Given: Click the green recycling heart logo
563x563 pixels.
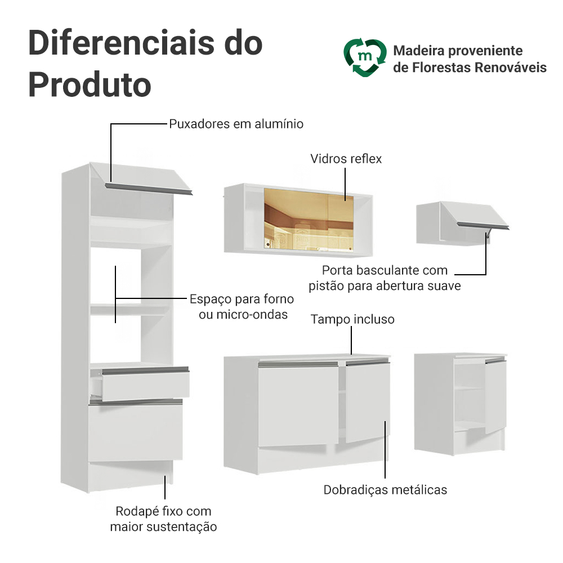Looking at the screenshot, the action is pyautogui.click(x=365, y=57).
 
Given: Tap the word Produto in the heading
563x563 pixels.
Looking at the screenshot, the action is pyautogui.click(x=90, y=85).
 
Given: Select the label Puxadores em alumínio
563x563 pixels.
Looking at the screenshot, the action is pyautogui.click(x=236, y=124).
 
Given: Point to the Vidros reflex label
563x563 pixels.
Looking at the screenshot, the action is pyautogui.click(x=346, y=159).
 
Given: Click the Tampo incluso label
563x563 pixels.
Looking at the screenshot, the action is pyautogui.click(x=352, y=319).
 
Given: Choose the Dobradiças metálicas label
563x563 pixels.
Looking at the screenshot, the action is pyautogui.click(x=385, y=490).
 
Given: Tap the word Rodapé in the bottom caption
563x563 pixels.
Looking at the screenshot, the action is pyautogui.click(x=137, y=511).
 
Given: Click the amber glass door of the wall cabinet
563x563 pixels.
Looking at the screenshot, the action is pyautogui.click(x=309, y=219).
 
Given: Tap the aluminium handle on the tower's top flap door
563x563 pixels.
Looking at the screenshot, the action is pyautogui.click(x=149, y=189).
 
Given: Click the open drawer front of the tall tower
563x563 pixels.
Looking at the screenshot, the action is pyautogui.click(x=146, y=384).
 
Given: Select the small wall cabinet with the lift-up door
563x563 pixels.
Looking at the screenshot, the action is pyautogui.click(x=462, y=224).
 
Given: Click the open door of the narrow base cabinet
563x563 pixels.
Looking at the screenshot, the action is pyautogui.click(x=496, y=396).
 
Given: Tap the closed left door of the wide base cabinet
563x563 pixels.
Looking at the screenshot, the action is pyautogui.click(x=298, y=404).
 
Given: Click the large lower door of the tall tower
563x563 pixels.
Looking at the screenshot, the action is pyautogui.click(x=135, y=431).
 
